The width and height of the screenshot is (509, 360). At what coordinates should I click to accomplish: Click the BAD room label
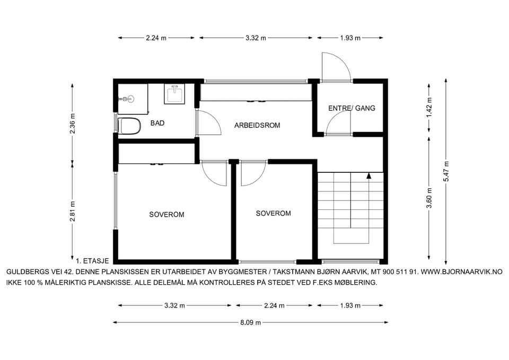pos(157,123)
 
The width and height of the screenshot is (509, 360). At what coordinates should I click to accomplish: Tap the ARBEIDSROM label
pos(257,125)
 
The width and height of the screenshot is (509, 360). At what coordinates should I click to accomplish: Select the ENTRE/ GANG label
pos(352,108)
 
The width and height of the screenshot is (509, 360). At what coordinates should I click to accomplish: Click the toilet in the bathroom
pos(129,126)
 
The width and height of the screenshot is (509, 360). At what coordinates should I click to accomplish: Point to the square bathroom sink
pos(174,94)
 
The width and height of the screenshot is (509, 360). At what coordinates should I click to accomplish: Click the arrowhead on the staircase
pos(369,175)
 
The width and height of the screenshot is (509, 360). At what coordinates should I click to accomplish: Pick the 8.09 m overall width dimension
pos(251,323)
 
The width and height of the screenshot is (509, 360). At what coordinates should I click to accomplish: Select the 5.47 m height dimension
pos(446,171)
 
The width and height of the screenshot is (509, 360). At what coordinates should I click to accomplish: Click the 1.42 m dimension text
pos(429,108)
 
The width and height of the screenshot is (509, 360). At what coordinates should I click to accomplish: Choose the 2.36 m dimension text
pos(73,124)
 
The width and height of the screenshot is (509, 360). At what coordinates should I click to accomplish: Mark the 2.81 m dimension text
pos(73,212)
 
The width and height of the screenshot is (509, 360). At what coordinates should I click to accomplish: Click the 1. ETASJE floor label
pos(92,261)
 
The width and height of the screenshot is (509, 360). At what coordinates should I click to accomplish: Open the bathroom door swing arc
pos(211,122)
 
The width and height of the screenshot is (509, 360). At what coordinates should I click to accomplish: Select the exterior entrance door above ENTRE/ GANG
pos(336,67)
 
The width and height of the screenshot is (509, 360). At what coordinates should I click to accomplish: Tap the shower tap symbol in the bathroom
pos(127,99)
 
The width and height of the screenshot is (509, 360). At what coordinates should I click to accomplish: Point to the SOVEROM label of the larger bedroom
pos(166,215)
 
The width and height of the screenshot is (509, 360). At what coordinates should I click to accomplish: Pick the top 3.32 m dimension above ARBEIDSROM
pos(256,38)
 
